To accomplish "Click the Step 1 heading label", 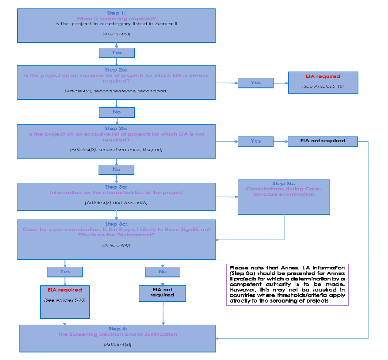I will (x=116, y=13).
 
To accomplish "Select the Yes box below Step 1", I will (x=117, y=53).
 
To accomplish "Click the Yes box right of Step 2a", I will (x=255, y=83).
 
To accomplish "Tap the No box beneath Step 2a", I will (x=117, y=112).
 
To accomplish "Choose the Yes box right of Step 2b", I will (x=255, y=141).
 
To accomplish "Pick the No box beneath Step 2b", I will (x=117, y=169).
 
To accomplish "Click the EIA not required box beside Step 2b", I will (x=323, y=141).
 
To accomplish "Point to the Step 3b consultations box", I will (x=284, y=197).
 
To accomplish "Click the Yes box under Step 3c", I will (x=65, y=271).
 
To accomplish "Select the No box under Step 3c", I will (x=163, y=271).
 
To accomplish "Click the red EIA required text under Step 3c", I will (x=65, y=290).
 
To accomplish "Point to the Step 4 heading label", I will (x=117, y=329).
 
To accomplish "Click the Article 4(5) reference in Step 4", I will (x=117, y=344).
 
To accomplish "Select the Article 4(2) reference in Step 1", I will (x=116, y=34).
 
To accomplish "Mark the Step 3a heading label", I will (x=116, y=187).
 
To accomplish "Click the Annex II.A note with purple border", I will (x=287, y=284).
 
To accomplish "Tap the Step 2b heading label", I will (x=116, y=129).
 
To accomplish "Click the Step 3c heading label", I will (x=116, y=224).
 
